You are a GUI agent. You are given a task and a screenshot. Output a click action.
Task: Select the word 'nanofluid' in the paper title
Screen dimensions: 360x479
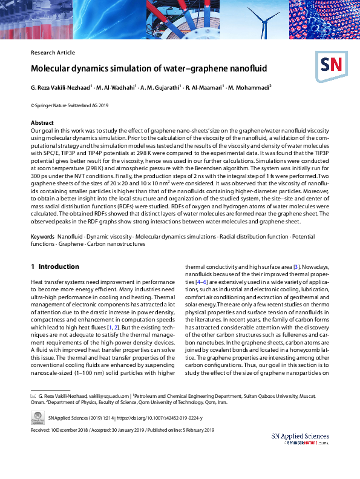[x=243, y=69]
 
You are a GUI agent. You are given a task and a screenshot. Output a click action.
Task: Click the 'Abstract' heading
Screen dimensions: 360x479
[x=42, y=122]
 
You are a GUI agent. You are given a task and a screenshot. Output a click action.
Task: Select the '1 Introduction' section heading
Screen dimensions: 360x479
[x=54, y=266]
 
